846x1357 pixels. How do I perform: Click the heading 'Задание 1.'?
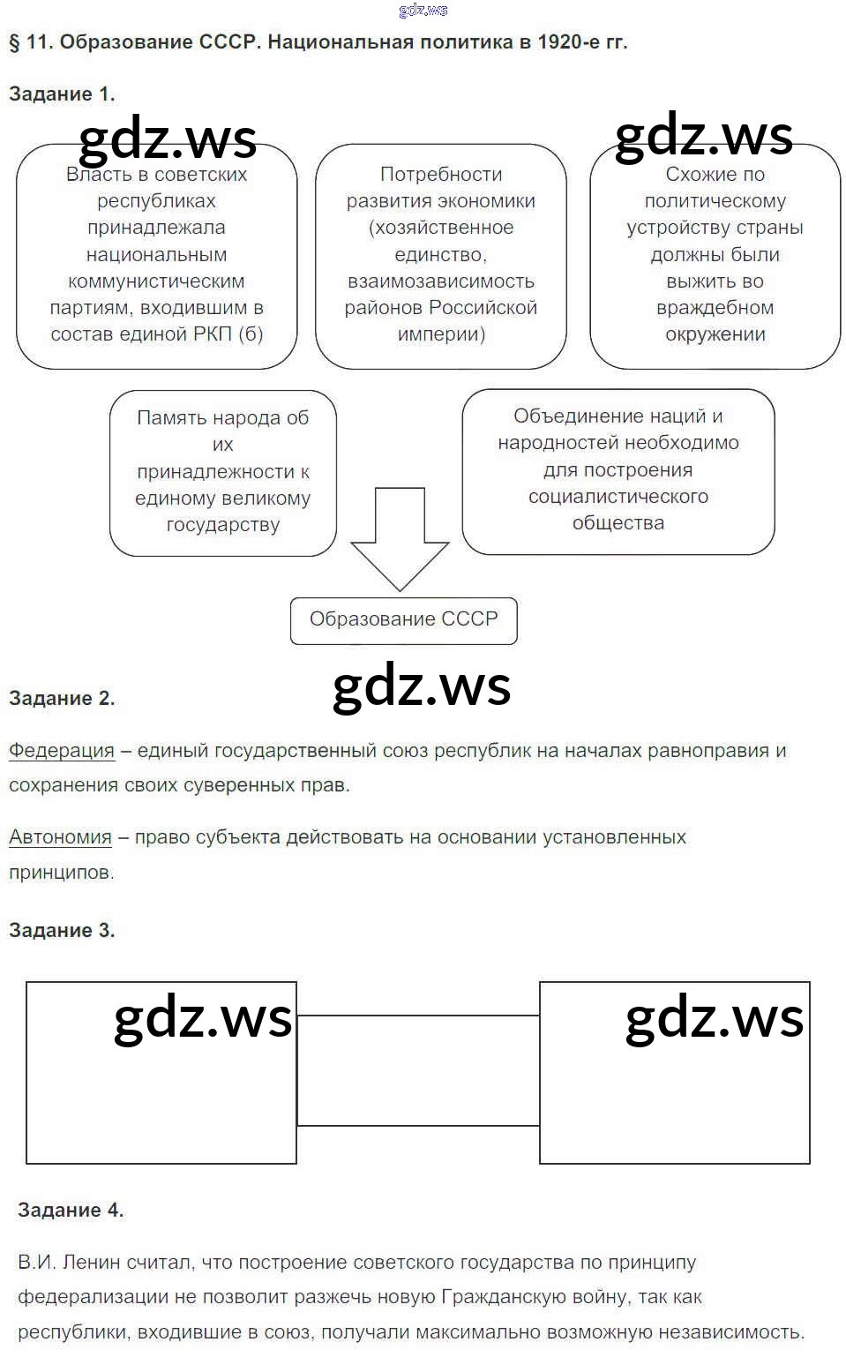[x=62, y=94]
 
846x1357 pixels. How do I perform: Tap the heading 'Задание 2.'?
[x=62, y=698]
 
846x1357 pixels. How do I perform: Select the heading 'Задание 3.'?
[x=62, y=930]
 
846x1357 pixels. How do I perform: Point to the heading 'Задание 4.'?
[x=71, y=1210]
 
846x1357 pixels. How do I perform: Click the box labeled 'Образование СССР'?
[x=403, y=619]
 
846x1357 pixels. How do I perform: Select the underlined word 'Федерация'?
[x=62, y=751]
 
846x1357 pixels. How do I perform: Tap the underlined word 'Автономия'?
[x=60, y=837]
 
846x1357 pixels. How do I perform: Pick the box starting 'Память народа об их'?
[x=222, y=472]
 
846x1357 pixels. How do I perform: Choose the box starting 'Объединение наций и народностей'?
[x=618, y=470]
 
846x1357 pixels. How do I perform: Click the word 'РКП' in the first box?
[x=212, y=334]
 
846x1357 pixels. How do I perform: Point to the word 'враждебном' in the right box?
[x=715, y=308]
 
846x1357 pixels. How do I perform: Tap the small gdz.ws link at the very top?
[x=423, y=10]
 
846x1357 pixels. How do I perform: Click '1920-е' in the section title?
[x=567, y=41]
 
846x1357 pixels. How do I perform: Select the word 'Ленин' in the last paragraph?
[x=92, y=1263]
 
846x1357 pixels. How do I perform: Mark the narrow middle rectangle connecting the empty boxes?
[x=417, y=1070]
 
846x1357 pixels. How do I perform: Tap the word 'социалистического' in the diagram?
[x=618, y=497]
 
